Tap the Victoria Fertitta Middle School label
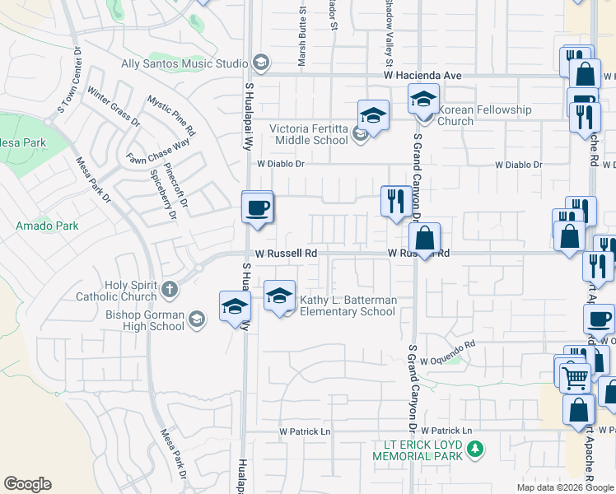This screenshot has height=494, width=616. pos(310,133)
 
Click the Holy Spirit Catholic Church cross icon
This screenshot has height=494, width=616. pos(169,289)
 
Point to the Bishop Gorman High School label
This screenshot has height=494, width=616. pos(145,319)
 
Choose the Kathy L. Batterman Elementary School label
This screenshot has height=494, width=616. pos(348,305)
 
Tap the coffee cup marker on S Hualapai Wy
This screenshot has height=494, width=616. pos(258,207)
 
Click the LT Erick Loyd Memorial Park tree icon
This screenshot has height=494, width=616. pos(474,449)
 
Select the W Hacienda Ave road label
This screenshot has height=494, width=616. pos(421,75)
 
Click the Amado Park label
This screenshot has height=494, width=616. pos(47,226)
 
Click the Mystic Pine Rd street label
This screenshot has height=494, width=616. pos(171,115)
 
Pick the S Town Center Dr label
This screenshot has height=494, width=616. pos(68,78)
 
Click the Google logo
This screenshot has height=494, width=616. pos(27,484)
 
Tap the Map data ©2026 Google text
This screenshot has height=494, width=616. pos(564,487)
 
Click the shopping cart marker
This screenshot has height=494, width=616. pos(576,378)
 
